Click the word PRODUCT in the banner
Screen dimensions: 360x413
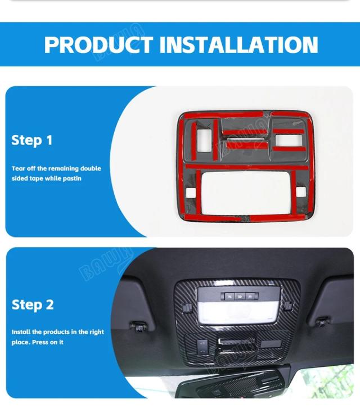point(99,45)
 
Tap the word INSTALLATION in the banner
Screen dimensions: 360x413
point(239,45)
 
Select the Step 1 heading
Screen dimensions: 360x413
point(32,141)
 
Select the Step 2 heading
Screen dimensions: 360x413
point(33,305)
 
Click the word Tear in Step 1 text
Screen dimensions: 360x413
point(19,169)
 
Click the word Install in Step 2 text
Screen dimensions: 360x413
point(21,332)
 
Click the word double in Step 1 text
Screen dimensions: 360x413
point(91,169)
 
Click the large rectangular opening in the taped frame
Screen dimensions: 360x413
point(245,192)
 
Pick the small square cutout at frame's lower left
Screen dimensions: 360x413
point(191,193)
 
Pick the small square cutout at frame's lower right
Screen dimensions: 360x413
point(301,192)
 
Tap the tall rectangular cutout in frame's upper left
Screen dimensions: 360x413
point(204,141)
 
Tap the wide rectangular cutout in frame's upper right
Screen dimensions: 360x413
point(289,140)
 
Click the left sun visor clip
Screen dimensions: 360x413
point(139,326)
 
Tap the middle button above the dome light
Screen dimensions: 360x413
point(240,296)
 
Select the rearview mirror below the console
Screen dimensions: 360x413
point(229,385)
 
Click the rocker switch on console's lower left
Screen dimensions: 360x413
point(202,347)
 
